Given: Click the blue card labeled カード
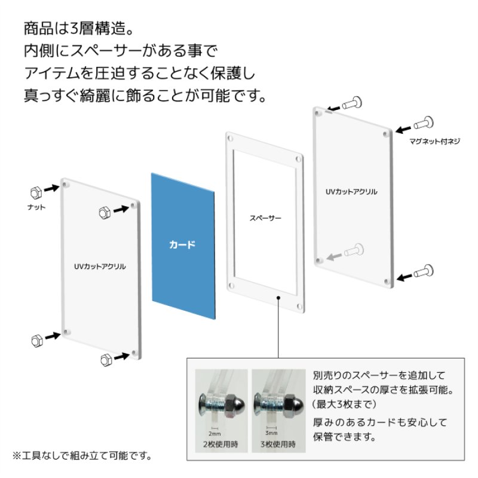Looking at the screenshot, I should pos(183,245).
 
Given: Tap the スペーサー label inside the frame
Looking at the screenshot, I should pos(265,218).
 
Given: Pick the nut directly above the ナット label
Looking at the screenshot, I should pos(35,192).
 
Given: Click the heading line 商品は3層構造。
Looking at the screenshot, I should pos(81,28).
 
